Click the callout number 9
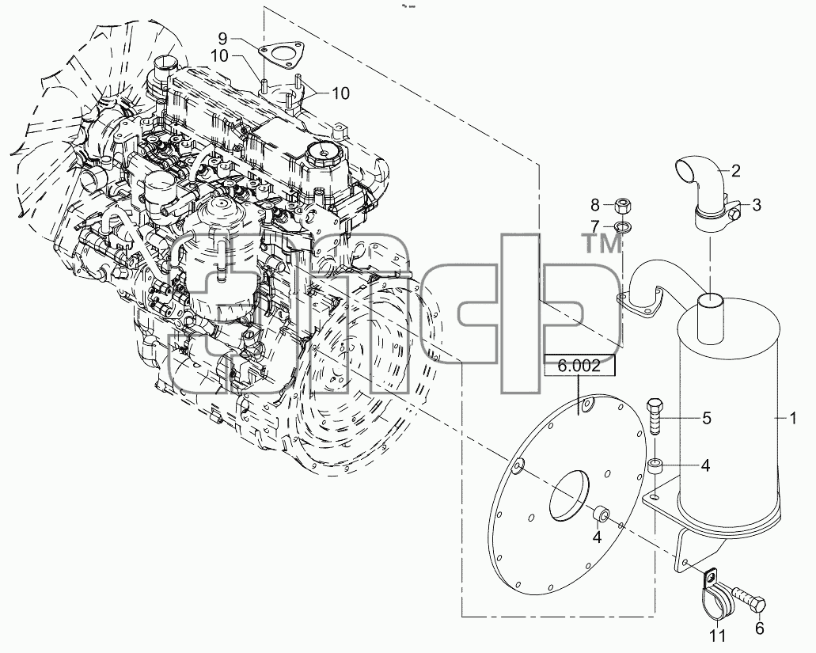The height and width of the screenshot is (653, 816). point(222,38)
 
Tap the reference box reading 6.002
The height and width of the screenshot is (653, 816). point(579,366)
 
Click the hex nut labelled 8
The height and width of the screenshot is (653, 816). point(621,206)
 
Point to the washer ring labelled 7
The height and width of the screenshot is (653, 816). point(621,226)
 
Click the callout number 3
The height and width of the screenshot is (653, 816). point(756,204)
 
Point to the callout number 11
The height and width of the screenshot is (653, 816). point(716,636)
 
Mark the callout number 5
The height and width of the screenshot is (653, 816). point(706,419)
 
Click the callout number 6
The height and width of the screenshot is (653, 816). point(759,628)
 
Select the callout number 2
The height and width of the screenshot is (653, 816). point(735,170)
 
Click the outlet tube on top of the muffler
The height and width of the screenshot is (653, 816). point(710,318)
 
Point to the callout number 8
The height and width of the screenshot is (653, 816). point(595,205)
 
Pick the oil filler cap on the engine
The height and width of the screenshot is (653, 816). point(323,153)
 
